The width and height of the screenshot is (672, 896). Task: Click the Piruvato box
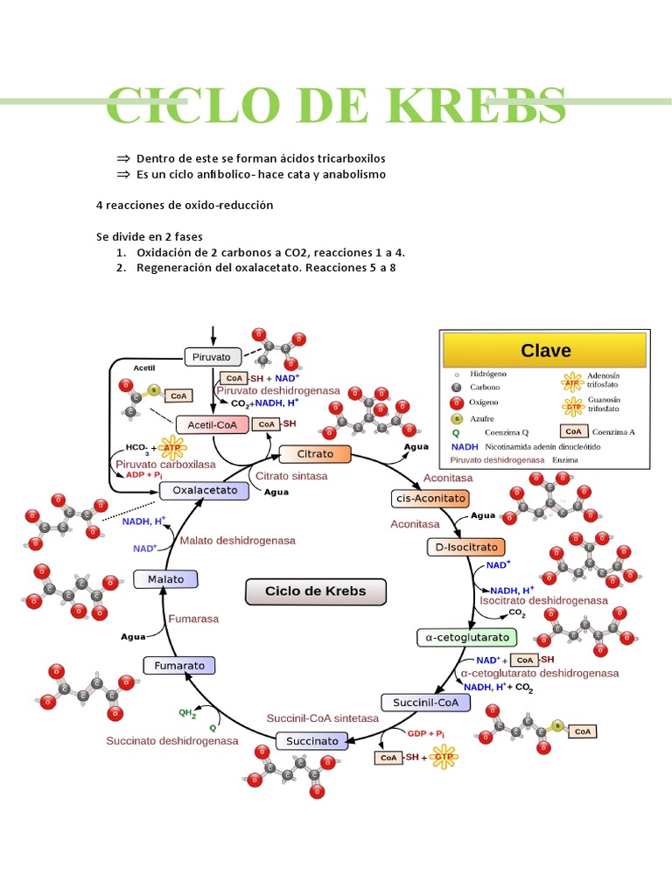coord(212,357)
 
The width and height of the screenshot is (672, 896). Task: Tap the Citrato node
coord(314,454)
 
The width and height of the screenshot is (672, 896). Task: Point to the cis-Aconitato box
coord(429,498)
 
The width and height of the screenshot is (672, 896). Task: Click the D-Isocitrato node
coord(465,547)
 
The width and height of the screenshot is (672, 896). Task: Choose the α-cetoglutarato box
coord(466,637)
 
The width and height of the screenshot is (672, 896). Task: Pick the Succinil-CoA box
coord(420,702)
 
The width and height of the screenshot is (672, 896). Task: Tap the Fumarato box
coord(179,666)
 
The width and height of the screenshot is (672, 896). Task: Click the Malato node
coord(165,579)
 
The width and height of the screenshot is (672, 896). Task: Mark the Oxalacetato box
coord(205,491)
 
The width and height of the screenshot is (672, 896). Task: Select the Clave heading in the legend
coord(545,351)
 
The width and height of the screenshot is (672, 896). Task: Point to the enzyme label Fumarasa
coord(193,618)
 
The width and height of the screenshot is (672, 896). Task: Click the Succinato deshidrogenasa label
coord(172,740)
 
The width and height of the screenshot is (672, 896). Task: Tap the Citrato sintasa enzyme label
coord(291,476)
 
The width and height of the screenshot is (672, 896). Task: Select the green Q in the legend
coord(455,432)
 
